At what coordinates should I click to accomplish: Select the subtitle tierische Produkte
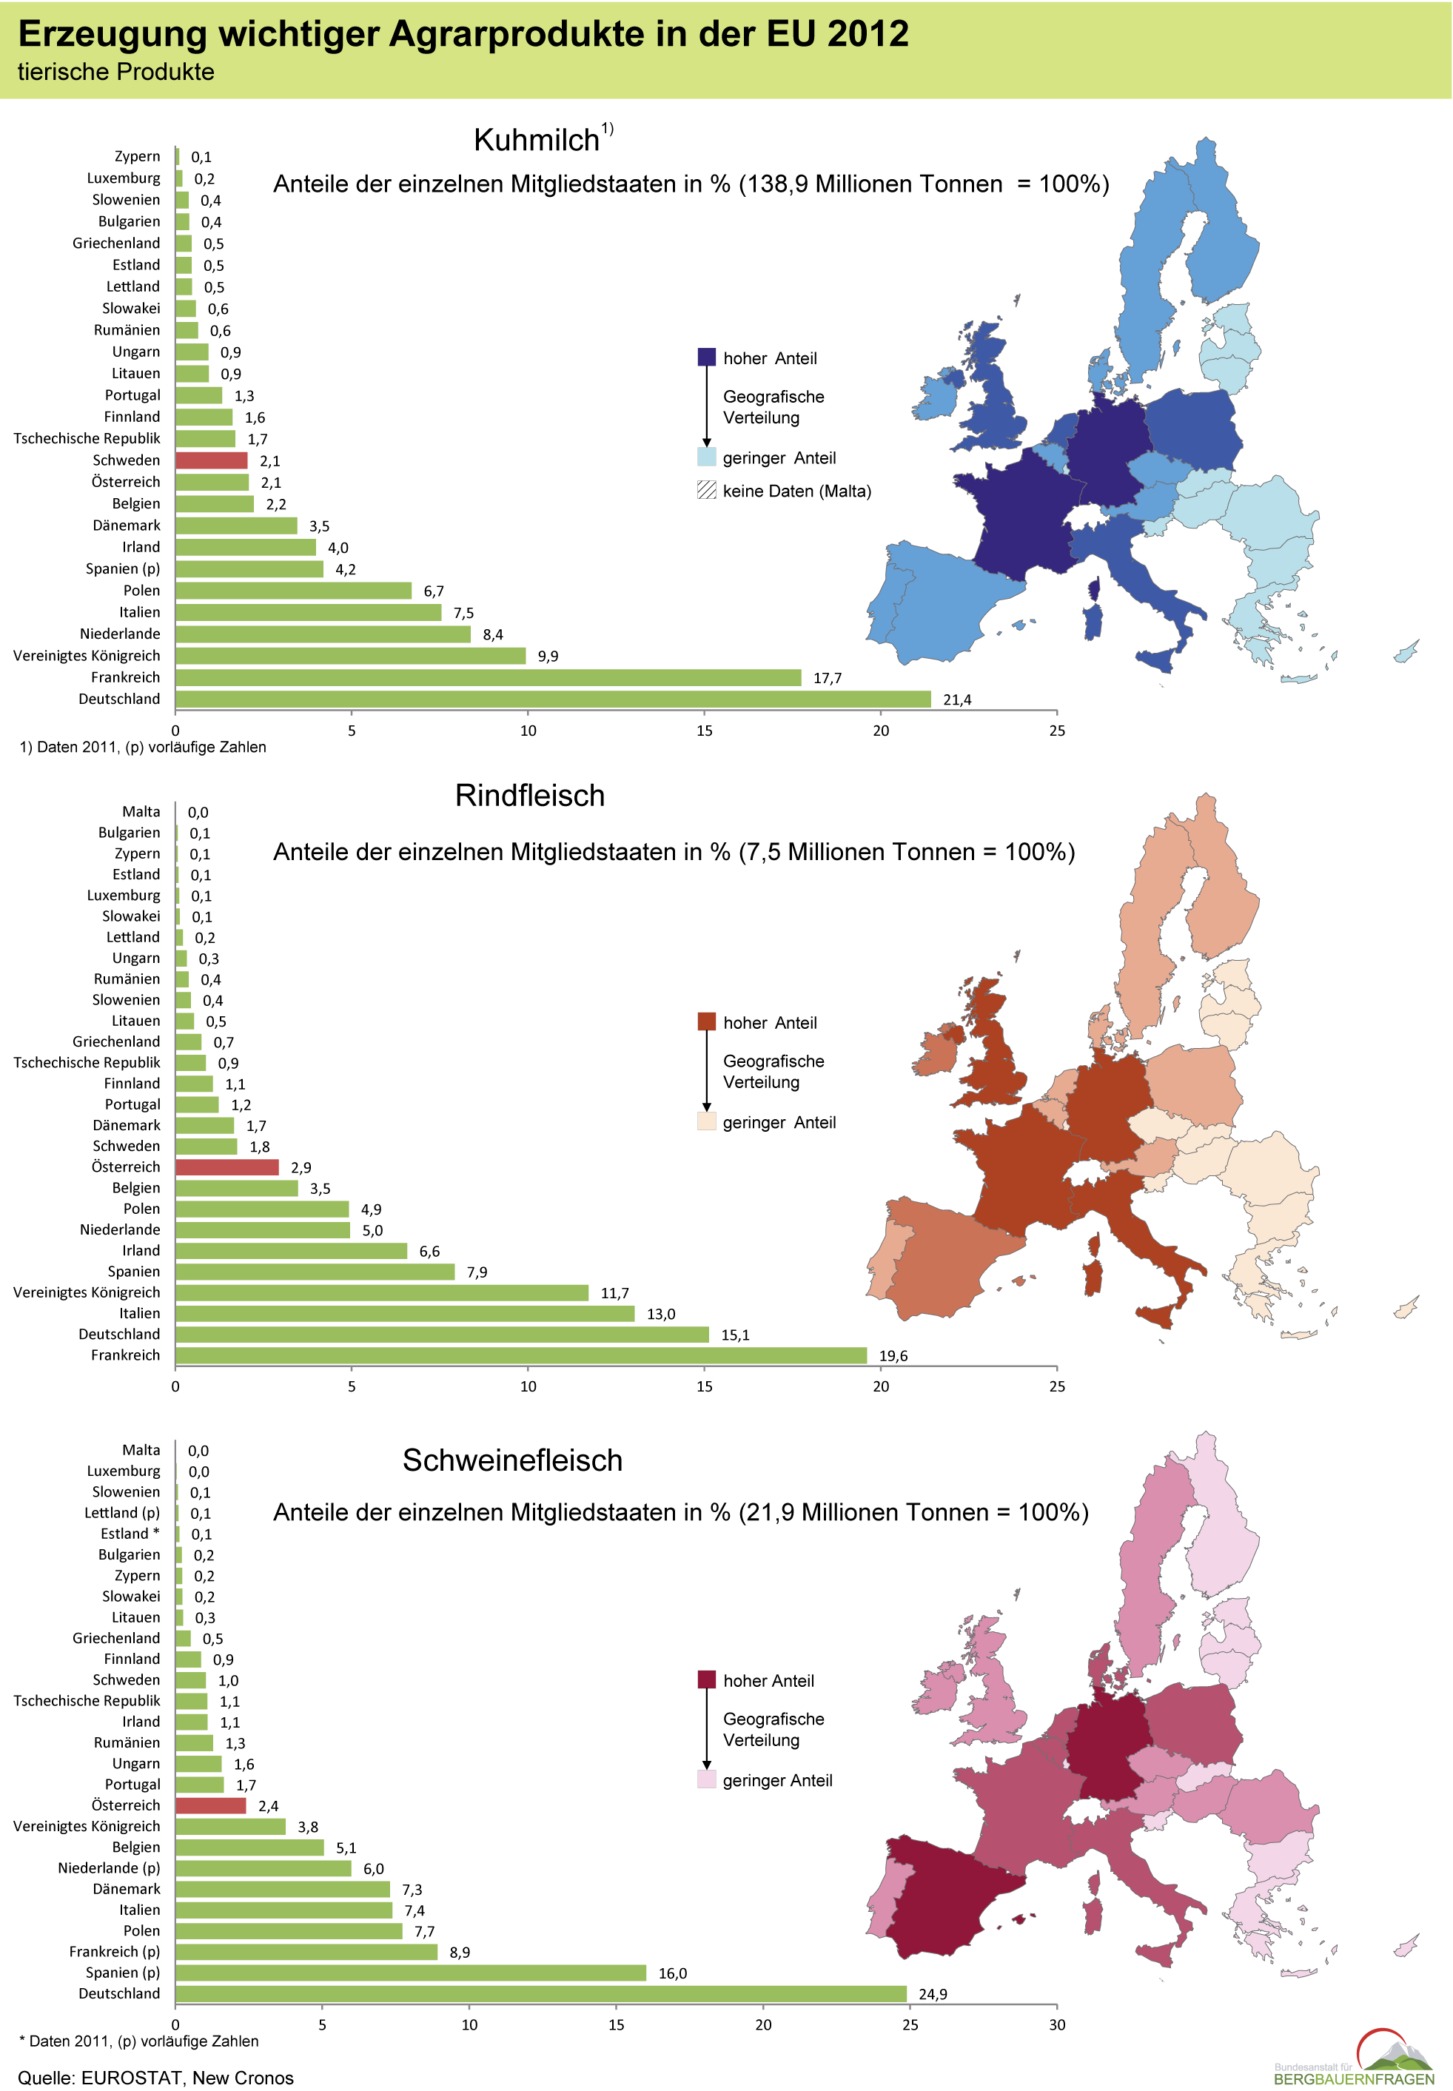(x=115, y=73)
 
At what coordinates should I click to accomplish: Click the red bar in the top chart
(x=211, y=460)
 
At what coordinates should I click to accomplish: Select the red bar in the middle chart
(x=226, y=1167)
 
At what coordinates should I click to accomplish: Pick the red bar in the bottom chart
(x=210, y=1806)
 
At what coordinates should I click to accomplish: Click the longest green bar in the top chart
(x=553, y=699)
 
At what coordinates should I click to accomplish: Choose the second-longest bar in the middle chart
(x=442, y=1335)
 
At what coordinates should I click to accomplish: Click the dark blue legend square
(x=706, y=357)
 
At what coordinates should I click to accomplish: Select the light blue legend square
(x=706, y=456)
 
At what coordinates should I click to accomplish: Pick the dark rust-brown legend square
(x=706, y=1021)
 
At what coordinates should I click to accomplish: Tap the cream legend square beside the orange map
(x=706, y=1121)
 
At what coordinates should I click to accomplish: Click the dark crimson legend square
(x=706, y=1679)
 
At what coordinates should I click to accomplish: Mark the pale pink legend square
(x=706, y=1779)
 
